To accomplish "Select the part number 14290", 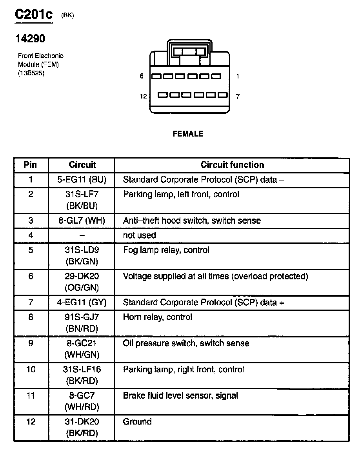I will [30, 38].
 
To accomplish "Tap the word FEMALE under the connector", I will [188, 134].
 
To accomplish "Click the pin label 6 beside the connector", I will [142, 76].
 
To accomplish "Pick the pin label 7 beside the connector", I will [238, 96].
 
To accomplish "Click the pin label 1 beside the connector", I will [238, 76].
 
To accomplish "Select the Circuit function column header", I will [232, 165].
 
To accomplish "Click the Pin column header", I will [31, 165].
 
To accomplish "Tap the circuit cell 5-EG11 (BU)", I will [82, 180].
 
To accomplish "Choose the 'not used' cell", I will [140, 235].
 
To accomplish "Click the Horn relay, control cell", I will [158, 317].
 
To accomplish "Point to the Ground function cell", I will [137, 422].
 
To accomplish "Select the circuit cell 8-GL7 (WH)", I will [82, 221].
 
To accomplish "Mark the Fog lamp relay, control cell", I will [166, 250].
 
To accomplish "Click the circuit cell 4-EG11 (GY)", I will [82, 303].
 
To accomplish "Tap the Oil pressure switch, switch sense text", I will [186, 343].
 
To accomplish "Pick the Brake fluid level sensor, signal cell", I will [180, 395].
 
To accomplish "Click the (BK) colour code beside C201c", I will [67, 15].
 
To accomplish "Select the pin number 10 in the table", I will [31, 370].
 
